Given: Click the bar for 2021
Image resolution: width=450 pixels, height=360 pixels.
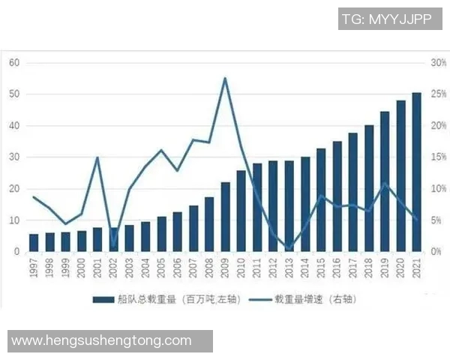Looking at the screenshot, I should click(416, 172).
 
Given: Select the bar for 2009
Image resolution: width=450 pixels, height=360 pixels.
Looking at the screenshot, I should click(225, 217).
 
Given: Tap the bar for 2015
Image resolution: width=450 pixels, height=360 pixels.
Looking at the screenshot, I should click(321, 199).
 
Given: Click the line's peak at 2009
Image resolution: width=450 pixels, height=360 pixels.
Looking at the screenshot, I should click(225, 78).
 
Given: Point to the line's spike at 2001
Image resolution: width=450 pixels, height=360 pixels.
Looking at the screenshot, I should click(97, 157).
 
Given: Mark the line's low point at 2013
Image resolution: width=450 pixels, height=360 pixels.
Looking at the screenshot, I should click(289, 248).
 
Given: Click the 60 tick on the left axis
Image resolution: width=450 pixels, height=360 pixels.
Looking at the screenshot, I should click(13, 62).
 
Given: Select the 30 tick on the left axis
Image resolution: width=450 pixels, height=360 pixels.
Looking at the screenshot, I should click(13, 157).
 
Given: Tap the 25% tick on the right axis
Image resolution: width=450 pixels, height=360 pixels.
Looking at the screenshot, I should click(438, 94).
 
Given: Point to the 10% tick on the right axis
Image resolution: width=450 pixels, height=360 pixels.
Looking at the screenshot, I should click(438, 188).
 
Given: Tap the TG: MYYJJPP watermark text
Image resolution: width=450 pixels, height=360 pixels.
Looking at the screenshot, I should click(386, 19).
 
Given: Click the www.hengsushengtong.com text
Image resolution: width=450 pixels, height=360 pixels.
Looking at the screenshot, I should click(102, 340).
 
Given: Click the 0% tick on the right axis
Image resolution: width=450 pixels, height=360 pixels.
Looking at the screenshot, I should click(436, 251).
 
